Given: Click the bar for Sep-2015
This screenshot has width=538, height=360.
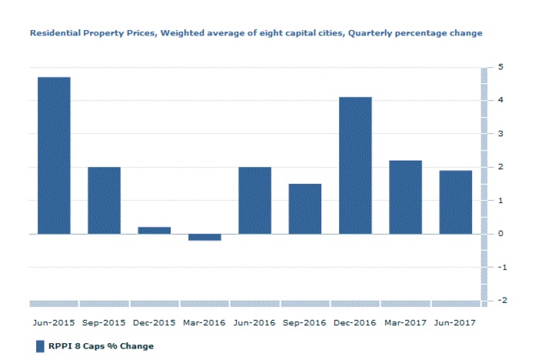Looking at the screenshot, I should pos(104,200).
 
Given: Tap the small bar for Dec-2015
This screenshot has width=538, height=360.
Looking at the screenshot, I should pos(154,230).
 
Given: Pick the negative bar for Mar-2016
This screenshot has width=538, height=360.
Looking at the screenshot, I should pos(204,237).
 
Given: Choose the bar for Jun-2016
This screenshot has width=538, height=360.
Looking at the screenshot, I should pos(254,200).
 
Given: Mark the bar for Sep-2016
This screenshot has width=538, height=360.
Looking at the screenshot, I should pos(305,208).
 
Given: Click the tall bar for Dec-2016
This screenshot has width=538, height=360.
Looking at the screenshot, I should pos(355,165).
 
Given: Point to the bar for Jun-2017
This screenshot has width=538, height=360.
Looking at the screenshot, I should pos(456,202).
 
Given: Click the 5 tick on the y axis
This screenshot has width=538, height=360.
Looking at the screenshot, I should pos(500,67).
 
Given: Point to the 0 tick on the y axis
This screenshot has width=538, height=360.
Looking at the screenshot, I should pos(500,234).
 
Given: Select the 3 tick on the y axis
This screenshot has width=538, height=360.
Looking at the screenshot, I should pos(500,134).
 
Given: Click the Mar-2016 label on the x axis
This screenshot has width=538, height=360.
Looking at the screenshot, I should pos(204,322).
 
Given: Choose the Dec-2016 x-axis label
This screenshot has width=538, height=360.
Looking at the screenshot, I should pos(355,322).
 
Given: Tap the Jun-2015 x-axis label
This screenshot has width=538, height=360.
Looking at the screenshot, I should pos(54,322).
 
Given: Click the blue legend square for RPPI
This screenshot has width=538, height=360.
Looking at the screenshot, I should pos(41,346).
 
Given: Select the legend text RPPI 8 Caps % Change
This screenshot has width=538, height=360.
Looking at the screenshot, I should pos(101,346).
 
